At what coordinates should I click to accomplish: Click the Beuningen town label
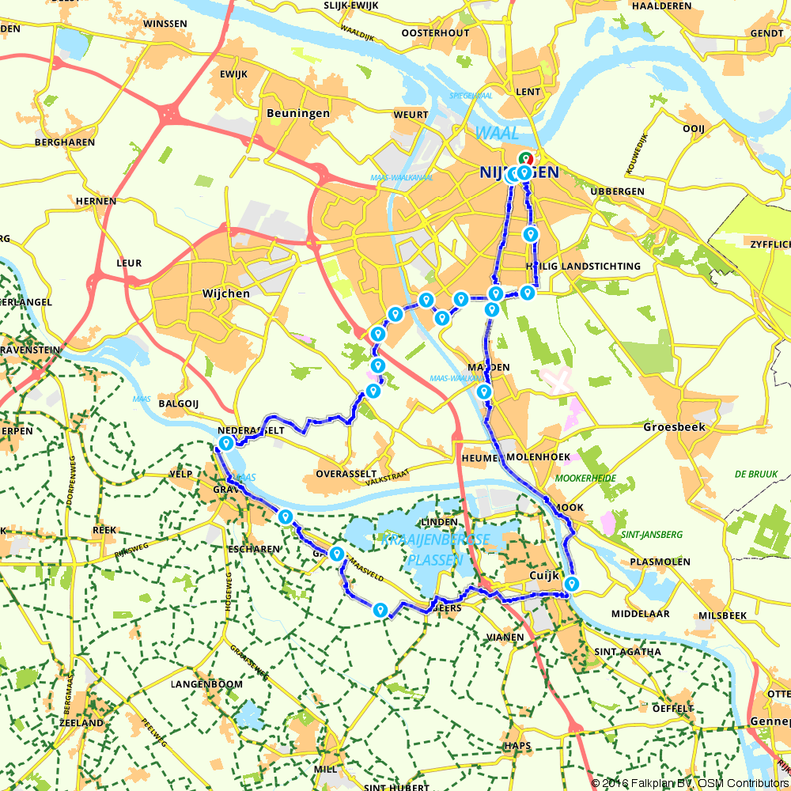(298, 113)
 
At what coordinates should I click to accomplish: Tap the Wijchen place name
(225, 293)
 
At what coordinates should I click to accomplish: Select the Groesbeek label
(674, 426)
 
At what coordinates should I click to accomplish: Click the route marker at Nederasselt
(226, 444)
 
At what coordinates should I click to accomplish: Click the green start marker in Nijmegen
(525, 158)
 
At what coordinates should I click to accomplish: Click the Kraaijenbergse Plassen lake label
(436, 549)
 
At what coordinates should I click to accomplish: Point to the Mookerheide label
(587, 478)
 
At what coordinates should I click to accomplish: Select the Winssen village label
(165, 25)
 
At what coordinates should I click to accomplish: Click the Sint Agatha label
(627, 652)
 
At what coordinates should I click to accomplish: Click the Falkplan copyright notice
(689, 782)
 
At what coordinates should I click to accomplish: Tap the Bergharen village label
(65, 142)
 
